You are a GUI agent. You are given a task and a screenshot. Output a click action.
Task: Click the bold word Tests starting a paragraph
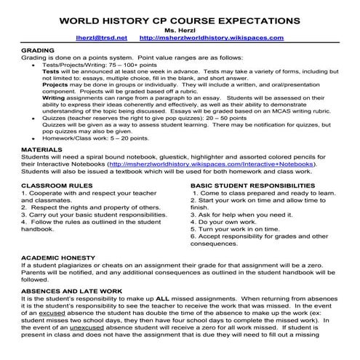[x=51, y=73]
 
